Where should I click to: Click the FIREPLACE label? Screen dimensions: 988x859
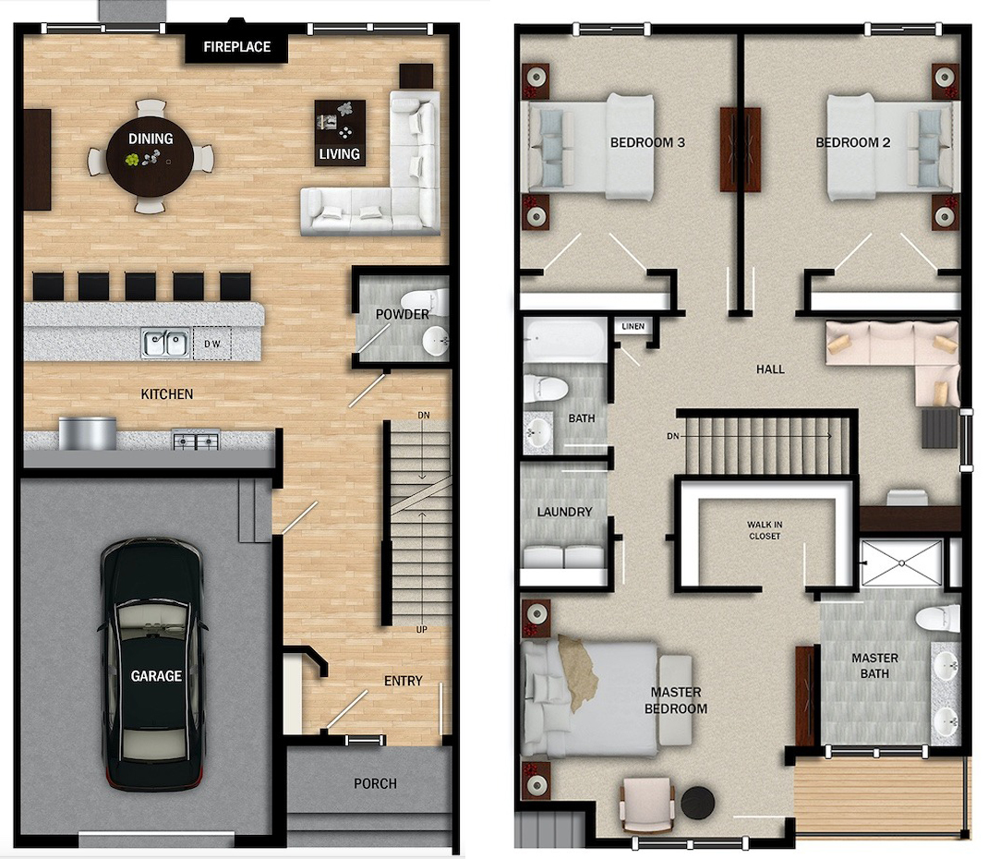point(237,46)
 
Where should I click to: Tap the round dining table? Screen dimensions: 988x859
point(150,155)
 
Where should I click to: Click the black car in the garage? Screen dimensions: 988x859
point(152,663)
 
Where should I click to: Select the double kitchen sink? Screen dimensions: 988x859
point(165,344)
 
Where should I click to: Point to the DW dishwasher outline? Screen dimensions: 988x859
point(211,344)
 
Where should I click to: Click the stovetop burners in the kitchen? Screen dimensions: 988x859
point(197,440)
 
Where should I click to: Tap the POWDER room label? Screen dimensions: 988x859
point(402,314)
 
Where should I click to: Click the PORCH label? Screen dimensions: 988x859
point(375,783)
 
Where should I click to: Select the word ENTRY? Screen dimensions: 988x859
point(404,681)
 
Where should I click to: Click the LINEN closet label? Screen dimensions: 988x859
point(633,326)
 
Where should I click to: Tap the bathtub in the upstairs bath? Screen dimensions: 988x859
point(564,339)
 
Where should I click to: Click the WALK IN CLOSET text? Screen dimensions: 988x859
point(765,530)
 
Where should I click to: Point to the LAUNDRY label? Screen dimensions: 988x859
point(564,512)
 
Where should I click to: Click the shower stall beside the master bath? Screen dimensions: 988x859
point(902,563)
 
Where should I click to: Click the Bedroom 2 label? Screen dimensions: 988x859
point(853,142)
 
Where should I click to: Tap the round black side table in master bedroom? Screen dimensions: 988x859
point(697,803)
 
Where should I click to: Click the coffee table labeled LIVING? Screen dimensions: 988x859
point(340,133)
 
